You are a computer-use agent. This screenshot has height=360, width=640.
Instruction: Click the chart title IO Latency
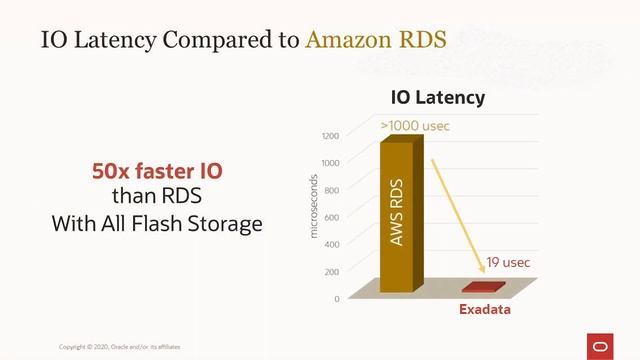pyautogui.click(x=437, y=97)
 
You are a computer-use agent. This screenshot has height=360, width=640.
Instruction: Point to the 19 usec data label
pyautogui.click(x=507, y=263)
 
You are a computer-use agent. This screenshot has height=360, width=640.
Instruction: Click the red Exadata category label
pyautogui.click(x=485, y=310)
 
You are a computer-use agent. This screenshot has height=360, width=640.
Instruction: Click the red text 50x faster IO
pyautogui.click(x=157, y=172)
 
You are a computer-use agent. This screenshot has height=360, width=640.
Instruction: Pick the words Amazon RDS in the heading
pyautogui.click(x=375, y=41)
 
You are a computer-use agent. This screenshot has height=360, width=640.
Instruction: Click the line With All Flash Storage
pyautogui.click(x=157, y=223)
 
